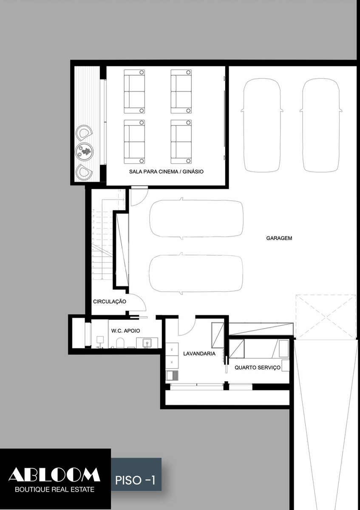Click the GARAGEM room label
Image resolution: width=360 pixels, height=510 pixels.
279,238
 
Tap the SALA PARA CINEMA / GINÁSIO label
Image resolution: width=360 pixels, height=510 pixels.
166,171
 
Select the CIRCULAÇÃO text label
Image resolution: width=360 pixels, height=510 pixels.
110,301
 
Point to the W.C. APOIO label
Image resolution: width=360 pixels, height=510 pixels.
125,331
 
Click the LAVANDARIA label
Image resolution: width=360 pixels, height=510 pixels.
199,354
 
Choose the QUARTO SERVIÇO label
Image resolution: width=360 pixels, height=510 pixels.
258,368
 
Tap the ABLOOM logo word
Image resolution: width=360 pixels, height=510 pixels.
54,474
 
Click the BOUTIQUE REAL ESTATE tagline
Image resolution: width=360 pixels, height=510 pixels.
55,489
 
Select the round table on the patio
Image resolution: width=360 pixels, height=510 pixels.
84,150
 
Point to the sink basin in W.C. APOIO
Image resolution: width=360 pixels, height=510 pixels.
147,343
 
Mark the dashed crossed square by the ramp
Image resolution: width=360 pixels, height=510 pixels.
326,317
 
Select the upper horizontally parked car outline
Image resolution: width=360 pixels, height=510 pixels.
196,219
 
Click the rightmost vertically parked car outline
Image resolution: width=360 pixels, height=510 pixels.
321,125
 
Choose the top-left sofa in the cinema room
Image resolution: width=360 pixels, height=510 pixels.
134,91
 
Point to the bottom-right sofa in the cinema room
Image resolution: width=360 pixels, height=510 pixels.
181,142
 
